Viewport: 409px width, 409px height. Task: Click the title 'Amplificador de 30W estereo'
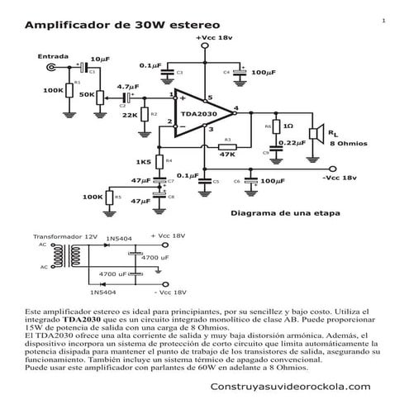[x=117, y=26]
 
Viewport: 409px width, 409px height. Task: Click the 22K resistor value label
[x=130, y=115]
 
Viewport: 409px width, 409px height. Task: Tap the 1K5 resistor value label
[x=143, y=162]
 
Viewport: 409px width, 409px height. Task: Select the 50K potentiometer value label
[x=85, y=95]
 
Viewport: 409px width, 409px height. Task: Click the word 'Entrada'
[x=52, y=56]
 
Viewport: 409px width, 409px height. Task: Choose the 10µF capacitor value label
[x=100, y=59]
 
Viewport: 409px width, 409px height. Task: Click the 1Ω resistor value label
[x=288, y=126]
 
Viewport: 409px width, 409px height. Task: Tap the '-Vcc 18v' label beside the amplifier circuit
[x=339, y=178]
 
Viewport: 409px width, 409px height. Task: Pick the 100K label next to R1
[x=53, y=90]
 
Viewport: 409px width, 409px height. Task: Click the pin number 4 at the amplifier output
[x=235, y=107]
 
